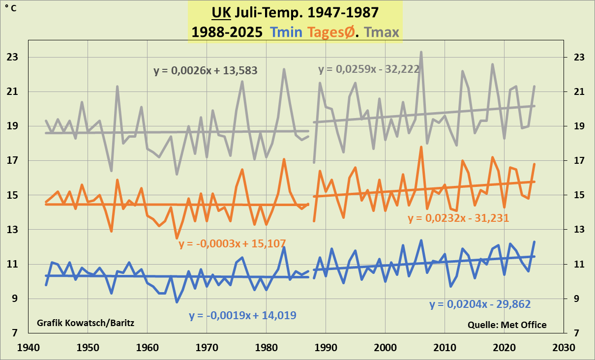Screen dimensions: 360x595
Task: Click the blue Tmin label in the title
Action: click(x=286, y=32)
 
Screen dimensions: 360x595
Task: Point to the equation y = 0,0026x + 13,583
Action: click(x=206, y=71)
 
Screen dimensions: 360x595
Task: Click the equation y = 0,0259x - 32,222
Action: click(x=368, y=69)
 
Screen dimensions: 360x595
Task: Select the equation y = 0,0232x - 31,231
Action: click(x=458, y=218)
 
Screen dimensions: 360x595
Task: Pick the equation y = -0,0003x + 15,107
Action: click(x=232, y=243)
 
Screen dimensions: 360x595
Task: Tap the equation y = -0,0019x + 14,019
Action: click(x=242, y=316)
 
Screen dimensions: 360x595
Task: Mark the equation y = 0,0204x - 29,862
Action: click(x=480, y=304)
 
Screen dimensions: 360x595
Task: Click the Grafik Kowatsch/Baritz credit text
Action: click(x=86, y=323)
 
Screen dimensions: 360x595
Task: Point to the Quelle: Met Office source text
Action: click(x=507, y=325)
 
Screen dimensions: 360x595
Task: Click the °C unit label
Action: click(x=10, y=8)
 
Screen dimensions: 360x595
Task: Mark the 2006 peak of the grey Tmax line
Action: click(x=421, y=52)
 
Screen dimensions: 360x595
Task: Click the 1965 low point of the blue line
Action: click(x=177, y=301)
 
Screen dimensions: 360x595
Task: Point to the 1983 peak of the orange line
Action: click(x=284, y=159)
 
